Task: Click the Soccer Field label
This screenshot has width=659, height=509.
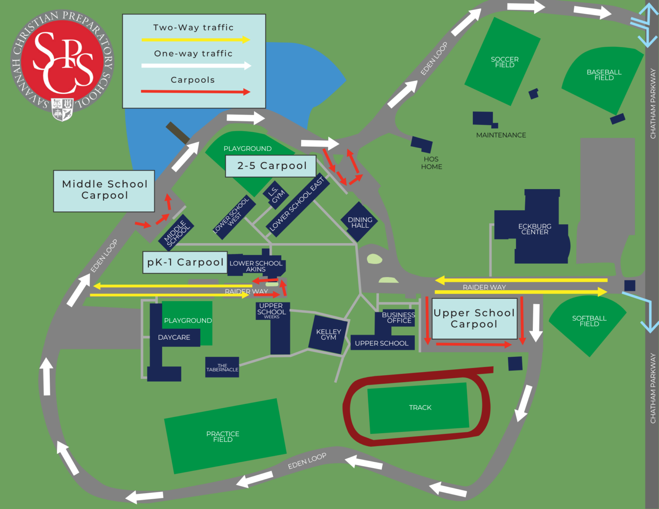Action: pyautogui.click(x=505, y=62)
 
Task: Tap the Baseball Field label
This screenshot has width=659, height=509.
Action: pyautogui.click(x=604, y=75)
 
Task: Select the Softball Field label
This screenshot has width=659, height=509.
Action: pyautogui.click(x=589, y=321)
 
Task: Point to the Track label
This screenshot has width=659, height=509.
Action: pyautogui.click(x=420, y=407)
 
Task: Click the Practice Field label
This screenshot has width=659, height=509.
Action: pyautogui.click(x=223, y=437)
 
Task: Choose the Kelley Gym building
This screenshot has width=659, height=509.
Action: pyautogui.click(x=328, y=335)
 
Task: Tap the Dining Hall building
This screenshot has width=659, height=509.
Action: pyautogui.click(x=360, y=222)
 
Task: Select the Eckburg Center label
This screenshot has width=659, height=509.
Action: pyautogui.click(x=535, y=229)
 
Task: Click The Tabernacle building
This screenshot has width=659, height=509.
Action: pyautogui.click(x=222, y=367)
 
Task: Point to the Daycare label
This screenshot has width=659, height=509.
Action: pyautogui.click(x=174, y=337)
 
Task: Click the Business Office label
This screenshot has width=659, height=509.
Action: pyautogui.click(x=399, y=318)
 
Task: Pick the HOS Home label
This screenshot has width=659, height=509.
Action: pyautogui.click(x=431, y=163)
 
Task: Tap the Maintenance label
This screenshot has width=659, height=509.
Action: pyautogui.click(x=501, y=135)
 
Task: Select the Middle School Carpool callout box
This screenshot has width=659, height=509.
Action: pyautogui.click(x=104, y=190)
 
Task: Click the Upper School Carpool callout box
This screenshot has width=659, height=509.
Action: pyautogui.click(x=474, y=319)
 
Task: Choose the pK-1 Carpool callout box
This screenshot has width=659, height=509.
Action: pyautogui.click(x=185, y=262)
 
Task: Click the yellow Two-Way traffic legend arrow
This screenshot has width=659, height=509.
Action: pyautogui.click(x=195, y=40)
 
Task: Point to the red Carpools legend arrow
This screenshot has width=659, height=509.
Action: pyautogui.click(x=195, y=91)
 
